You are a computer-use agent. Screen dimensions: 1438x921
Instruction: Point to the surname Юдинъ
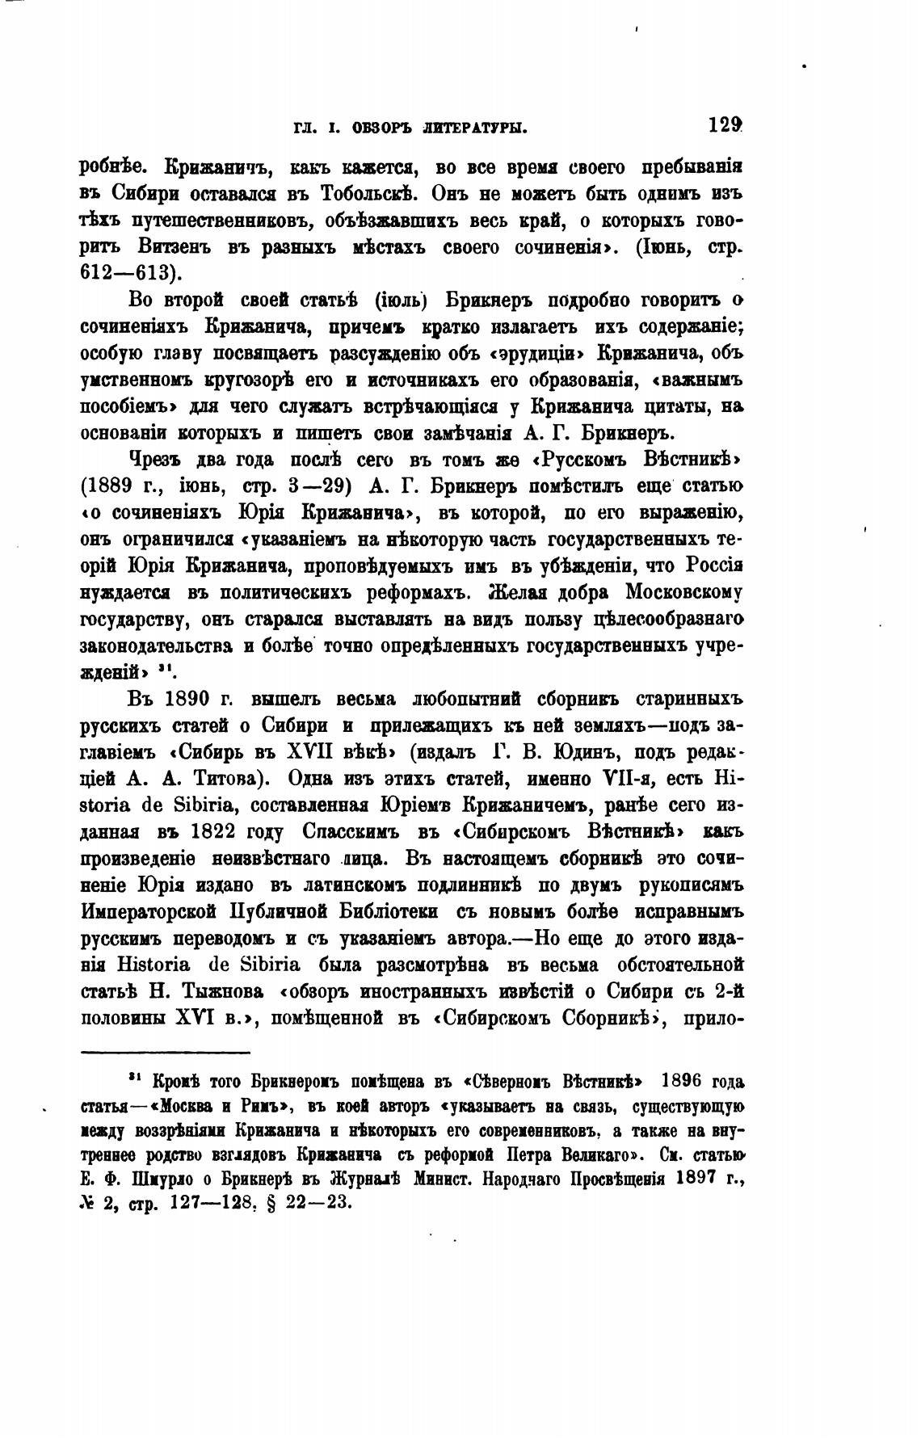[x=583, y=751]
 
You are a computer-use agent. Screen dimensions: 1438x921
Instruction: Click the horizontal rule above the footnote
[x=166, y=1052]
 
